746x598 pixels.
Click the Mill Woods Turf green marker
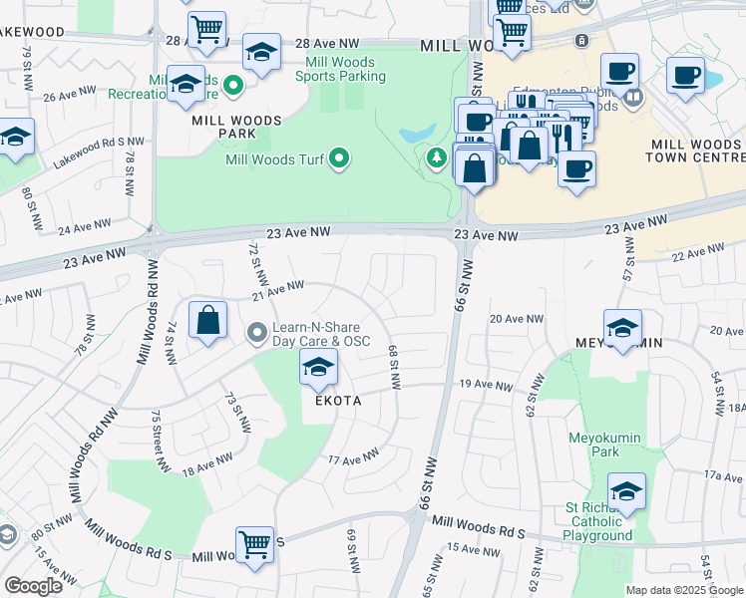pyautogui.click(x=339, y=158)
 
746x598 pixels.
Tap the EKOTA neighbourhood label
pyautogui.click(x=331, y=400)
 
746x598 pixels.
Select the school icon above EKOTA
pyautogui.click(x=318, y=370)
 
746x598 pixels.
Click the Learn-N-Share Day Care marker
pyautogui.click(x=257, y=332)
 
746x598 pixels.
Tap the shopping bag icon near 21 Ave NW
pyautogui.click(x=207, y=322)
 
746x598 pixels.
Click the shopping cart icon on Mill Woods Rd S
pyautogui.click(x=255, y=546)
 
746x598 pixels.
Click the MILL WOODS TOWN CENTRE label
pyautogui.click(x=694, y=150)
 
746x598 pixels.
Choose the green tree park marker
pyautogui.click(x=436, y=157)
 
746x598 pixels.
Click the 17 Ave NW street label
pyautogui.click(x=354, y=456)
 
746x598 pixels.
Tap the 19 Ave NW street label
pyautogui.click(x=485, y=384)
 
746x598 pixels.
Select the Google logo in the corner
pyautogui.click(x=33, y=586)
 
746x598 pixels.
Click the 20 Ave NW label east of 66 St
pyautogui.click(x=516, y=319)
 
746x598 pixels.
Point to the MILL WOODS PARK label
pyautogui.click(x=236, y=121)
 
